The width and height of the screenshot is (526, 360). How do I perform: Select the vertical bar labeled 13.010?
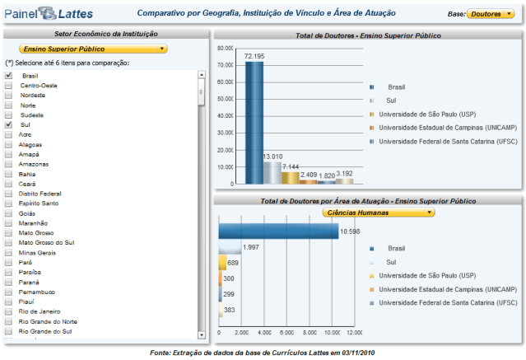(x=272, y=172)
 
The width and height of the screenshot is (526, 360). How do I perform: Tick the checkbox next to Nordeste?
(x=8, y=95)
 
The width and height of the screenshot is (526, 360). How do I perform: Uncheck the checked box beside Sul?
(x=8, y=124)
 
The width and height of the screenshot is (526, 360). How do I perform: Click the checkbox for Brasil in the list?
(x=8, y=75)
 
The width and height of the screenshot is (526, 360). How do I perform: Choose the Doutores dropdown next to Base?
(x=491, y=14)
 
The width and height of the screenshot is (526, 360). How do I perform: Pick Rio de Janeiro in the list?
(x=38, y=311)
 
